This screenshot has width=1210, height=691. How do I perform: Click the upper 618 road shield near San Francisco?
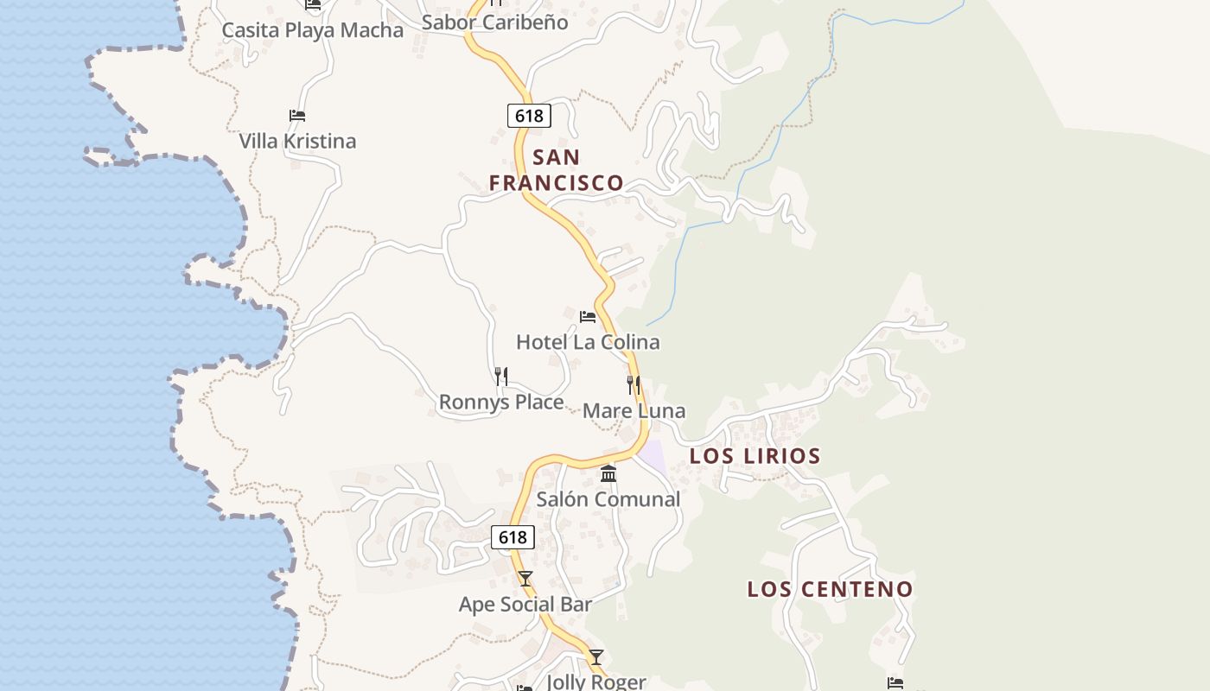529,116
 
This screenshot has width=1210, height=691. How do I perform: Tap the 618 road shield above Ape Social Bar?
513,537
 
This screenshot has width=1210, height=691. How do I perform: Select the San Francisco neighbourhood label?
556,170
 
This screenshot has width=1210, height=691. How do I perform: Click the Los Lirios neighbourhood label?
755,456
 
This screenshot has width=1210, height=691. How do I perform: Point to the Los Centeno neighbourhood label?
830,589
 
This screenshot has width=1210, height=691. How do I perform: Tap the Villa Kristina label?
297,141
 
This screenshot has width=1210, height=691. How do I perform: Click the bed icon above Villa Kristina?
297,116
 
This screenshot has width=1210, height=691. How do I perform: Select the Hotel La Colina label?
588,342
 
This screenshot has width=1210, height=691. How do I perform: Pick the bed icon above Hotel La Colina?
588,317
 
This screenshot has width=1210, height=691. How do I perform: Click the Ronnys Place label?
501,402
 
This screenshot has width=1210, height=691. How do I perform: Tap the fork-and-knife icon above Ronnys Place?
501,376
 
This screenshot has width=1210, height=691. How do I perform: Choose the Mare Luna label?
634,411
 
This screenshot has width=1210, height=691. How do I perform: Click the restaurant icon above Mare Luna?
634,385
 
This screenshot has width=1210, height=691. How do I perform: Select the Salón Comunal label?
608,499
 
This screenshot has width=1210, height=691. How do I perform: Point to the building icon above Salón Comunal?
608,473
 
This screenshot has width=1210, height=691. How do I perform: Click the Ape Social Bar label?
525,605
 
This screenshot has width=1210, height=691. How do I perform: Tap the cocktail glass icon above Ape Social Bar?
525,579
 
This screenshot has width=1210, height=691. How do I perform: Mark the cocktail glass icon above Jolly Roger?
596,657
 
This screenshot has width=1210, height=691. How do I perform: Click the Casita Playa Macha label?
312,30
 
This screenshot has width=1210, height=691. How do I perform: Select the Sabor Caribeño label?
494,22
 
